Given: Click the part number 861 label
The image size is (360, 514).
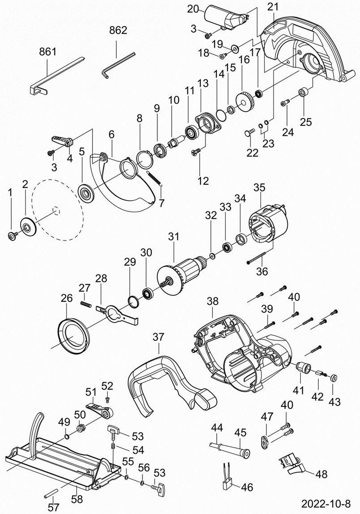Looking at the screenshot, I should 48,51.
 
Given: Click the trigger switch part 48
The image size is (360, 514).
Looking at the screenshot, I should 292,464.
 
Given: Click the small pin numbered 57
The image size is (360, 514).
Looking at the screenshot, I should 52,490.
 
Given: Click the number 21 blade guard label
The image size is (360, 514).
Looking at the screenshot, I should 272,7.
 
